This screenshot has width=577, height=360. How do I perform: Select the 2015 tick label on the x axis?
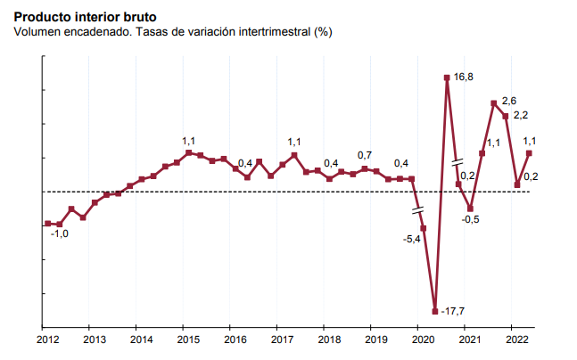coord(187,340)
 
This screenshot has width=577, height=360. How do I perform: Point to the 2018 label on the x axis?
coord(328,340)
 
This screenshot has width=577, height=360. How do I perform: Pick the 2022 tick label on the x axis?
coord(515,340)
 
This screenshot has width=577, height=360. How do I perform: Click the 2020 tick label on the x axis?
coord(422,340)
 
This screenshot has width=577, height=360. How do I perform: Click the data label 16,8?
coord(463,78)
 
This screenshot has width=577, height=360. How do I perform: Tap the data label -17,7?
coord(454,310)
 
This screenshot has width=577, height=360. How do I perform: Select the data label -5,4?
coord(412,239)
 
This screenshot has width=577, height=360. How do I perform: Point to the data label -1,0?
coord(59,233)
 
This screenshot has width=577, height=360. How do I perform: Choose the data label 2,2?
coord(522,115)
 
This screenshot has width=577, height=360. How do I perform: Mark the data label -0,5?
coord(471,219)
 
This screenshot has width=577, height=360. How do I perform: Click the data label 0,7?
coord(365,156)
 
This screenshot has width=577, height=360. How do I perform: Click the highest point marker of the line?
coord(447,78)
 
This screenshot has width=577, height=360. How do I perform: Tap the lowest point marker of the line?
coord(435,311)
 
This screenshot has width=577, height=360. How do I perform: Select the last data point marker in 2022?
coord(529,152)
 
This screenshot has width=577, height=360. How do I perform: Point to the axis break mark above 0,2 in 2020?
coord(457,163)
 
